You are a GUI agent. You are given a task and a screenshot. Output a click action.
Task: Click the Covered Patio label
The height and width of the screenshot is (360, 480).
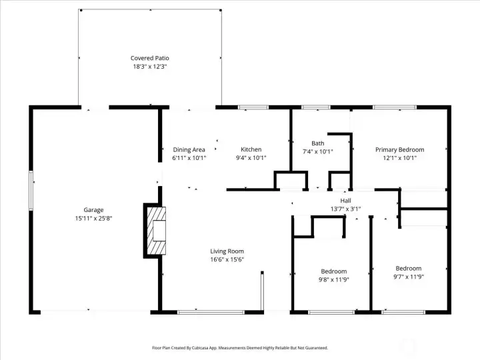[150, 58]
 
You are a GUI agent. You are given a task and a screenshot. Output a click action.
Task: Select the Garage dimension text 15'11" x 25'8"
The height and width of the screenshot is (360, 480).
[94, 219]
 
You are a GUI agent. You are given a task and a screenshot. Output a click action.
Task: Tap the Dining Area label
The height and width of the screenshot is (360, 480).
[189, 150]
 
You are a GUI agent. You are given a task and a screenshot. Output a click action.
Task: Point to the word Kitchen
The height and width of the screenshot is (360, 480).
[251, 149]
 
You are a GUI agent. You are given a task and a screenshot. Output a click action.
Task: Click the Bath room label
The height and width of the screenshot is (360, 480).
[318, 143]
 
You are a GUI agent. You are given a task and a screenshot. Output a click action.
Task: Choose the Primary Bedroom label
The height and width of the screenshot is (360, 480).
[400, 150]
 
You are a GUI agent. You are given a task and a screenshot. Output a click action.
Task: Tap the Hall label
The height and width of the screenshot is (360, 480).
[345, 201]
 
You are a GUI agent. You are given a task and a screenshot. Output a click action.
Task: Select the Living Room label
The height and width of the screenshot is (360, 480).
[227, 251]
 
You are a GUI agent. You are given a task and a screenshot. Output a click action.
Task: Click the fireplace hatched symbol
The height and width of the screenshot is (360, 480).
[157, 231]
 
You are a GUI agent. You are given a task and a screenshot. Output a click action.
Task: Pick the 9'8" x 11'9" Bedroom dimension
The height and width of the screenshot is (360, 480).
[334, 279]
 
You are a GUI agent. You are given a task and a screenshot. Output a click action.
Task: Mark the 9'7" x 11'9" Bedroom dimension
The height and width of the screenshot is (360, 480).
[409, 277]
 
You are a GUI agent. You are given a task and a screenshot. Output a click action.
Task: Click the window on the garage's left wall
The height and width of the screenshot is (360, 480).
[31, 191]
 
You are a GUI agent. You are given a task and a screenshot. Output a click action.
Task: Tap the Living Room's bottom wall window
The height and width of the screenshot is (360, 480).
[211, 312]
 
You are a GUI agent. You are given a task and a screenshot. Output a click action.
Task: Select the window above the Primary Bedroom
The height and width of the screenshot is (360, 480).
[395, 107]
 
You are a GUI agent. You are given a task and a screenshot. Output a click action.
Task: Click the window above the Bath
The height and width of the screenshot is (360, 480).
[316, 107]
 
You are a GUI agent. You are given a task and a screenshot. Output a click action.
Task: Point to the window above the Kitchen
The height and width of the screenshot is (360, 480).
[253, 107]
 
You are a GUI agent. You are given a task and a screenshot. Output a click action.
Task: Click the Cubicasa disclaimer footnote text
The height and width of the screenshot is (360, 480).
[240, 348]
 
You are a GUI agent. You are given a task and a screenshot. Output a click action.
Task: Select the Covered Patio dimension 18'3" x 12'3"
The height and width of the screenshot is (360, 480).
[150, 67]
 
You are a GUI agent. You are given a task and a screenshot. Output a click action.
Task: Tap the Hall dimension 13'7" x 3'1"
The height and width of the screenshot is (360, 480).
[345, 209]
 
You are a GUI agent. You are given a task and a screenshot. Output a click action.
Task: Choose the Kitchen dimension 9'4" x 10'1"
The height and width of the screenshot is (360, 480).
[251, 158]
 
